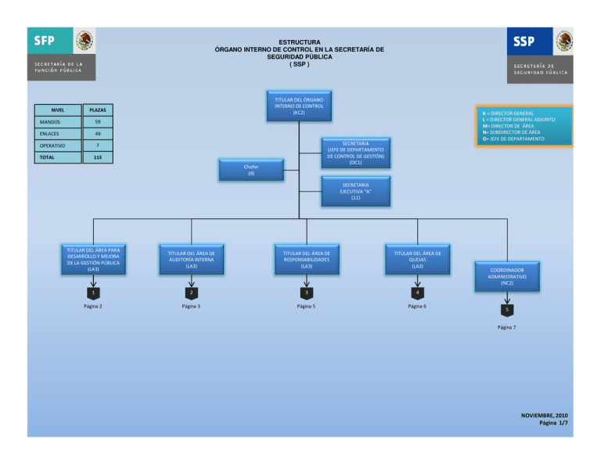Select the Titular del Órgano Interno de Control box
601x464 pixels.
299,106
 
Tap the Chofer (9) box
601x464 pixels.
250,169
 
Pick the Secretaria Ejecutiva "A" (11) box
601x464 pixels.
355,191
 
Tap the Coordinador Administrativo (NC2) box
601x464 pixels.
506,276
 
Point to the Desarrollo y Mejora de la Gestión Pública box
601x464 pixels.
93,259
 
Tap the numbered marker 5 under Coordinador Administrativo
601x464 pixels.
506,308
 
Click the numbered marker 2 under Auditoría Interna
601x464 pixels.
191,293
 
